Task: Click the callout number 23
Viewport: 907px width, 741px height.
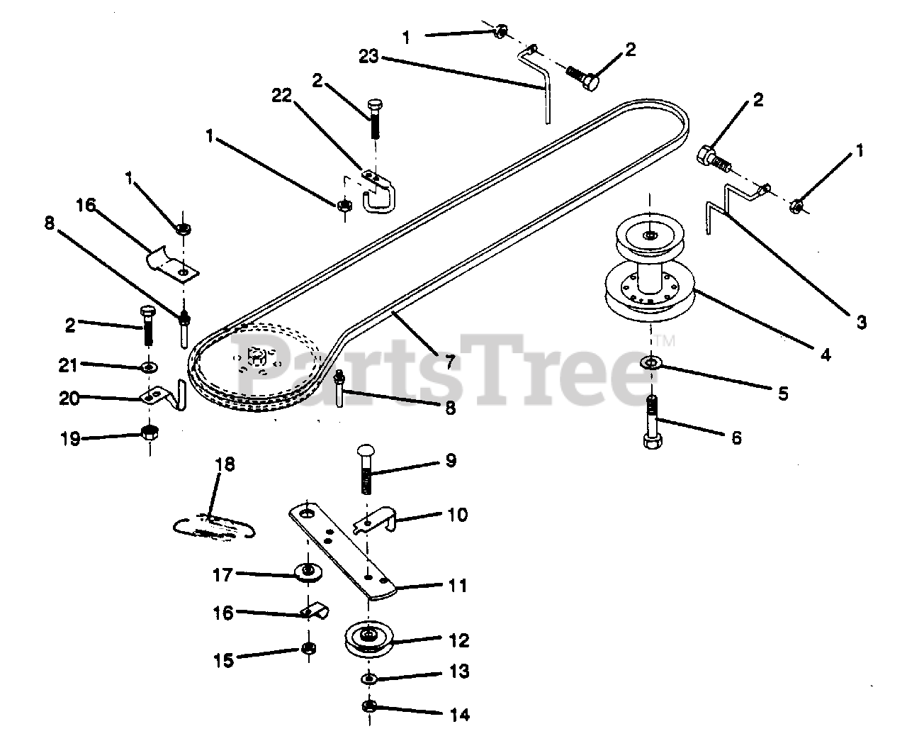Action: (369, 57)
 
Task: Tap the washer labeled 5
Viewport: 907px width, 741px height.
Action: (649, 363)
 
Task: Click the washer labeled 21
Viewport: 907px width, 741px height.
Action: (149, 367)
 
